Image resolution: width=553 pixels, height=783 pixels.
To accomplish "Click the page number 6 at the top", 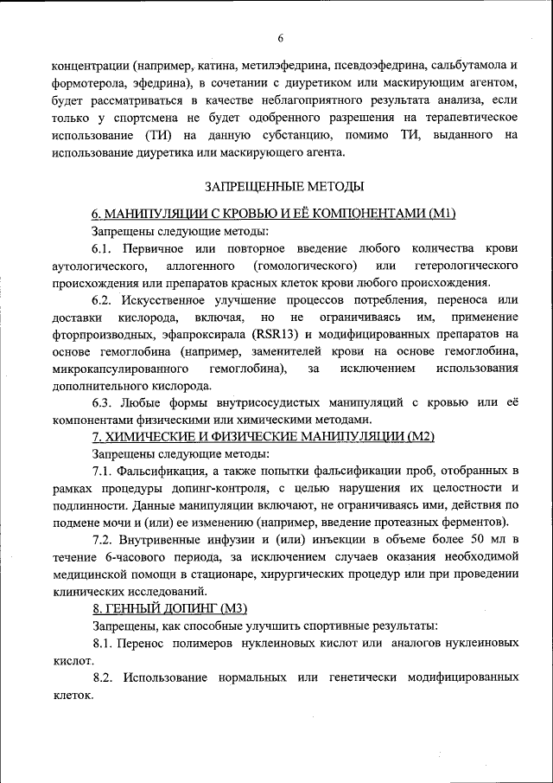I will click(x=281, y=36).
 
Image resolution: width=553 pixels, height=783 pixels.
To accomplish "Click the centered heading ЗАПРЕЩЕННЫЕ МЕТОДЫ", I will click(x=284, y=185).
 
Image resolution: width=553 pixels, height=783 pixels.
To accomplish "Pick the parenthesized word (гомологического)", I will click(x=306, y=264).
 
